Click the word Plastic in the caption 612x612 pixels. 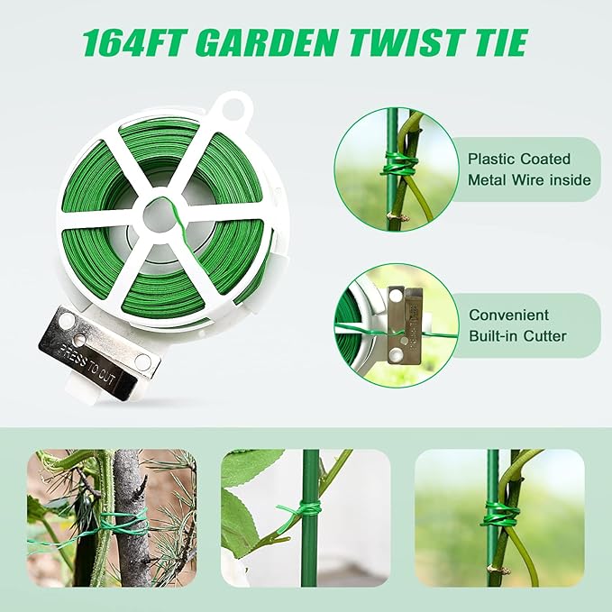(x=492, y=158)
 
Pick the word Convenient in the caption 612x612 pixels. (x=508, y=315)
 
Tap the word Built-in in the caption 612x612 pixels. (x=492, y=336)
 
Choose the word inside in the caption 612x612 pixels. (x=571, y=180)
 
